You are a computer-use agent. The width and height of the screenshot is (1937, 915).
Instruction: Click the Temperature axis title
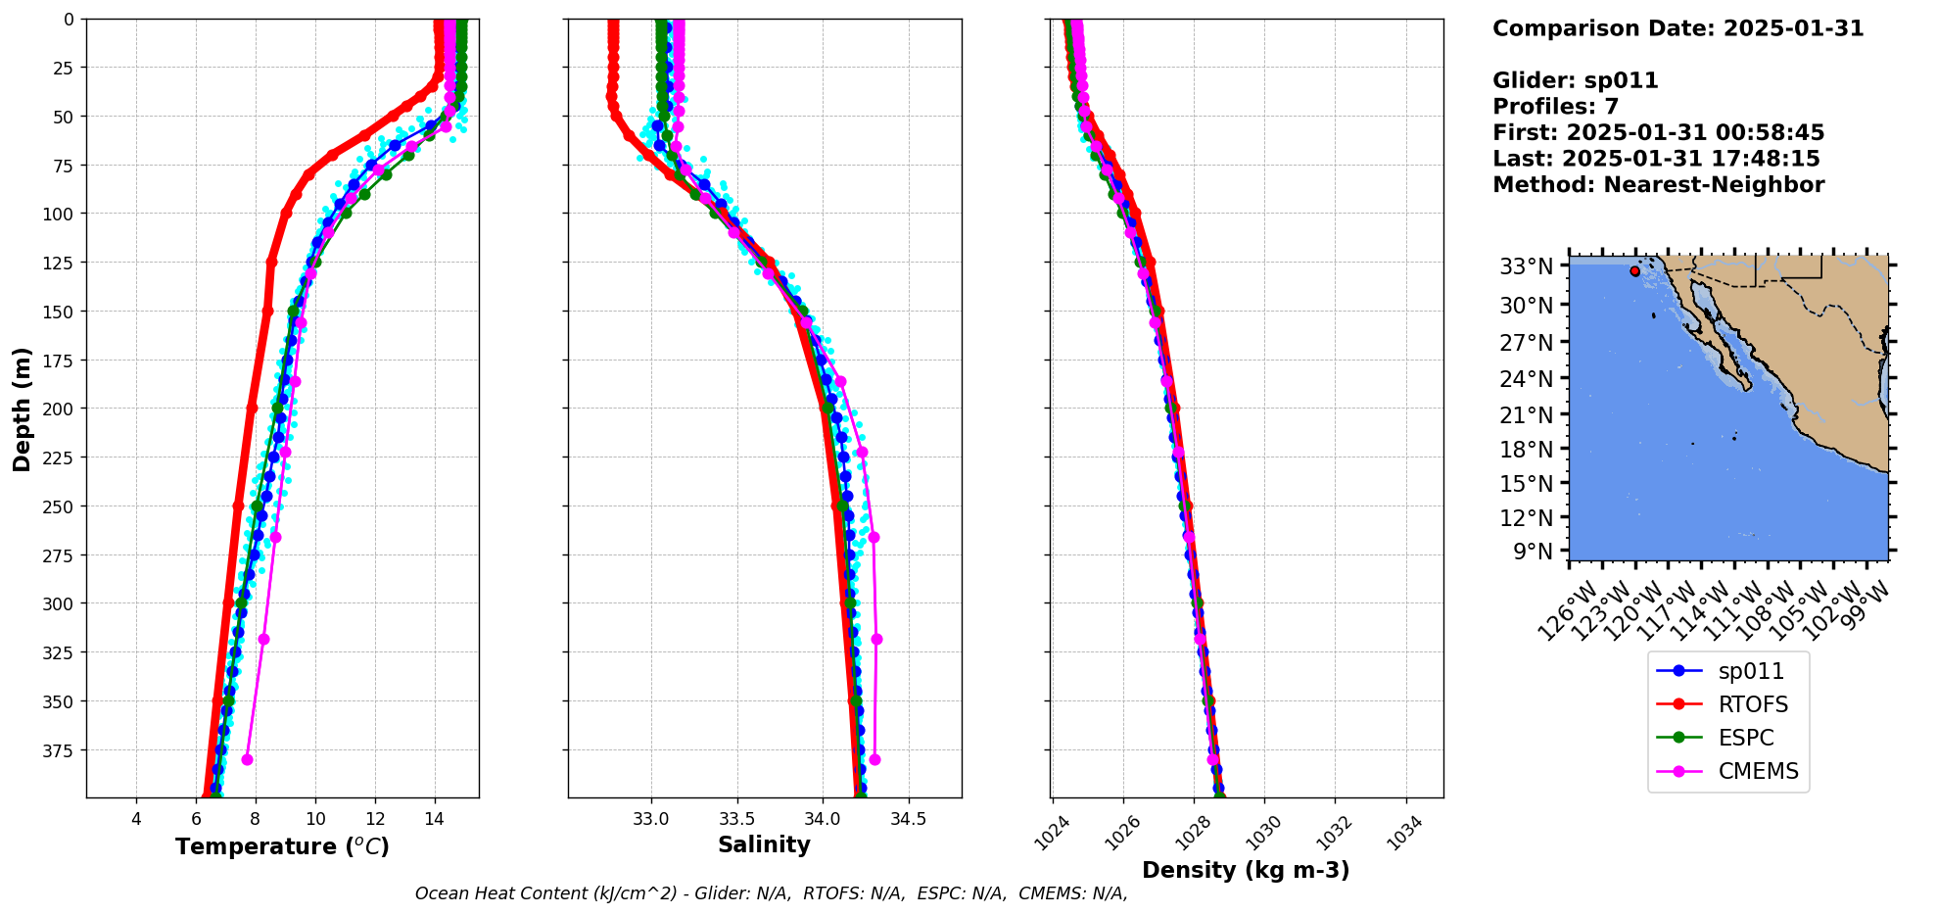pyautogui.click(x=282, y=846)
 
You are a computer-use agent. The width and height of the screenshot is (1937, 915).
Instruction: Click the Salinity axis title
pyautogui.click(x=764, y=844)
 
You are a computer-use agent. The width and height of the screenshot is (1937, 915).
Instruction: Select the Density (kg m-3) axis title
pyautogui.click(x=1246, y=870)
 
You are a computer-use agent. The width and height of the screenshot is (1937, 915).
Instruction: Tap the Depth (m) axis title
pyautogui.click(x=22, y=409)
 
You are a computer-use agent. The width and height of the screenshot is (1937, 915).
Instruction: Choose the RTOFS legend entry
pyautogui.click(x=1752, y=704)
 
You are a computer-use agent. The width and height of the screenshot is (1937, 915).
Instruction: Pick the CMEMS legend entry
pyautogui.click(x=1758, y=771)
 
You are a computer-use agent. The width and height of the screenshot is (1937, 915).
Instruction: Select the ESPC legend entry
pyautogui.click(x=1746, y=738)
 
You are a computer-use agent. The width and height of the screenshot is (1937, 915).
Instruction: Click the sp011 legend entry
pyautogui.click(x=1751, y=671)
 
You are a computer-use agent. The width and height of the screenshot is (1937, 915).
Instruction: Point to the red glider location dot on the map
pyautogui.click(x=1634, y=271)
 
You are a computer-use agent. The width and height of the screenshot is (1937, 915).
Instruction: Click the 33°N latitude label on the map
pyautogui.click(x=1526, y=266)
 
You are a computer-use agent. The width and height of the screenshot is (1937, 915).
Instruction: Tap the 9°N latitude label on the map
pyautogui.click(x=1533, y=552)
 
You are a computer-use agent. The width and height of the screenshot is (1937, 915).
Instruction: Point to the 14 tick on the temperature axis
pyautogui.click(x=435, y=819)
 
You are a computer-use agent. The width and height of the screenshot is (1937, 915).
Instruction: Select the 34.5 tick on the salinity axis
pyautogui.click(x=908, y=819)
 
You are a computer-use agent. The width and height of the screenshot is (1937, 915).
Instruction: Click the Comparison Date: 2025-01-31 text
pyautogui.click(x=1677, y=28)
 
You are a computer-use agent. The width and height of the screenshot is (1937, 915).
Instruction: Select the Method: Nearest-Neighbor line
pyautogui.click(x=1658, y=185)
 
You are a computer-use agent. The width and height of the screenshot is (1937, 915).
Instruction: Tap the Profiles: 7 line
pyautogui.click(x=1555, y=107)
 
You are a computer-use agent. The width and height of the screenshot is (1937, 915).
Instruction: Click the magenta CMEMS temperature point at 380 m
pyautogui.click(x=247, y=759)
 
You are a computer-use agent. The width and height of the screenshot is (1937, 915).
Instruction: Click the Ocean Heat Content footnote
pyautogui.click(x=771, y=893)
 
